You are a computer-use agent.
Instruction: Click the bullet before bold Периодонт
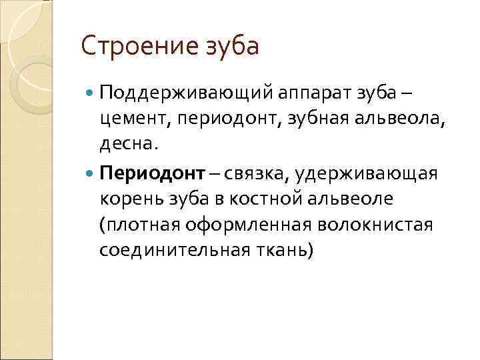click(x=91, y=173)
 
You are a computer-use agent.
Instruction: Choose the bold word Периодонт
click(x=151, y=174)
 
